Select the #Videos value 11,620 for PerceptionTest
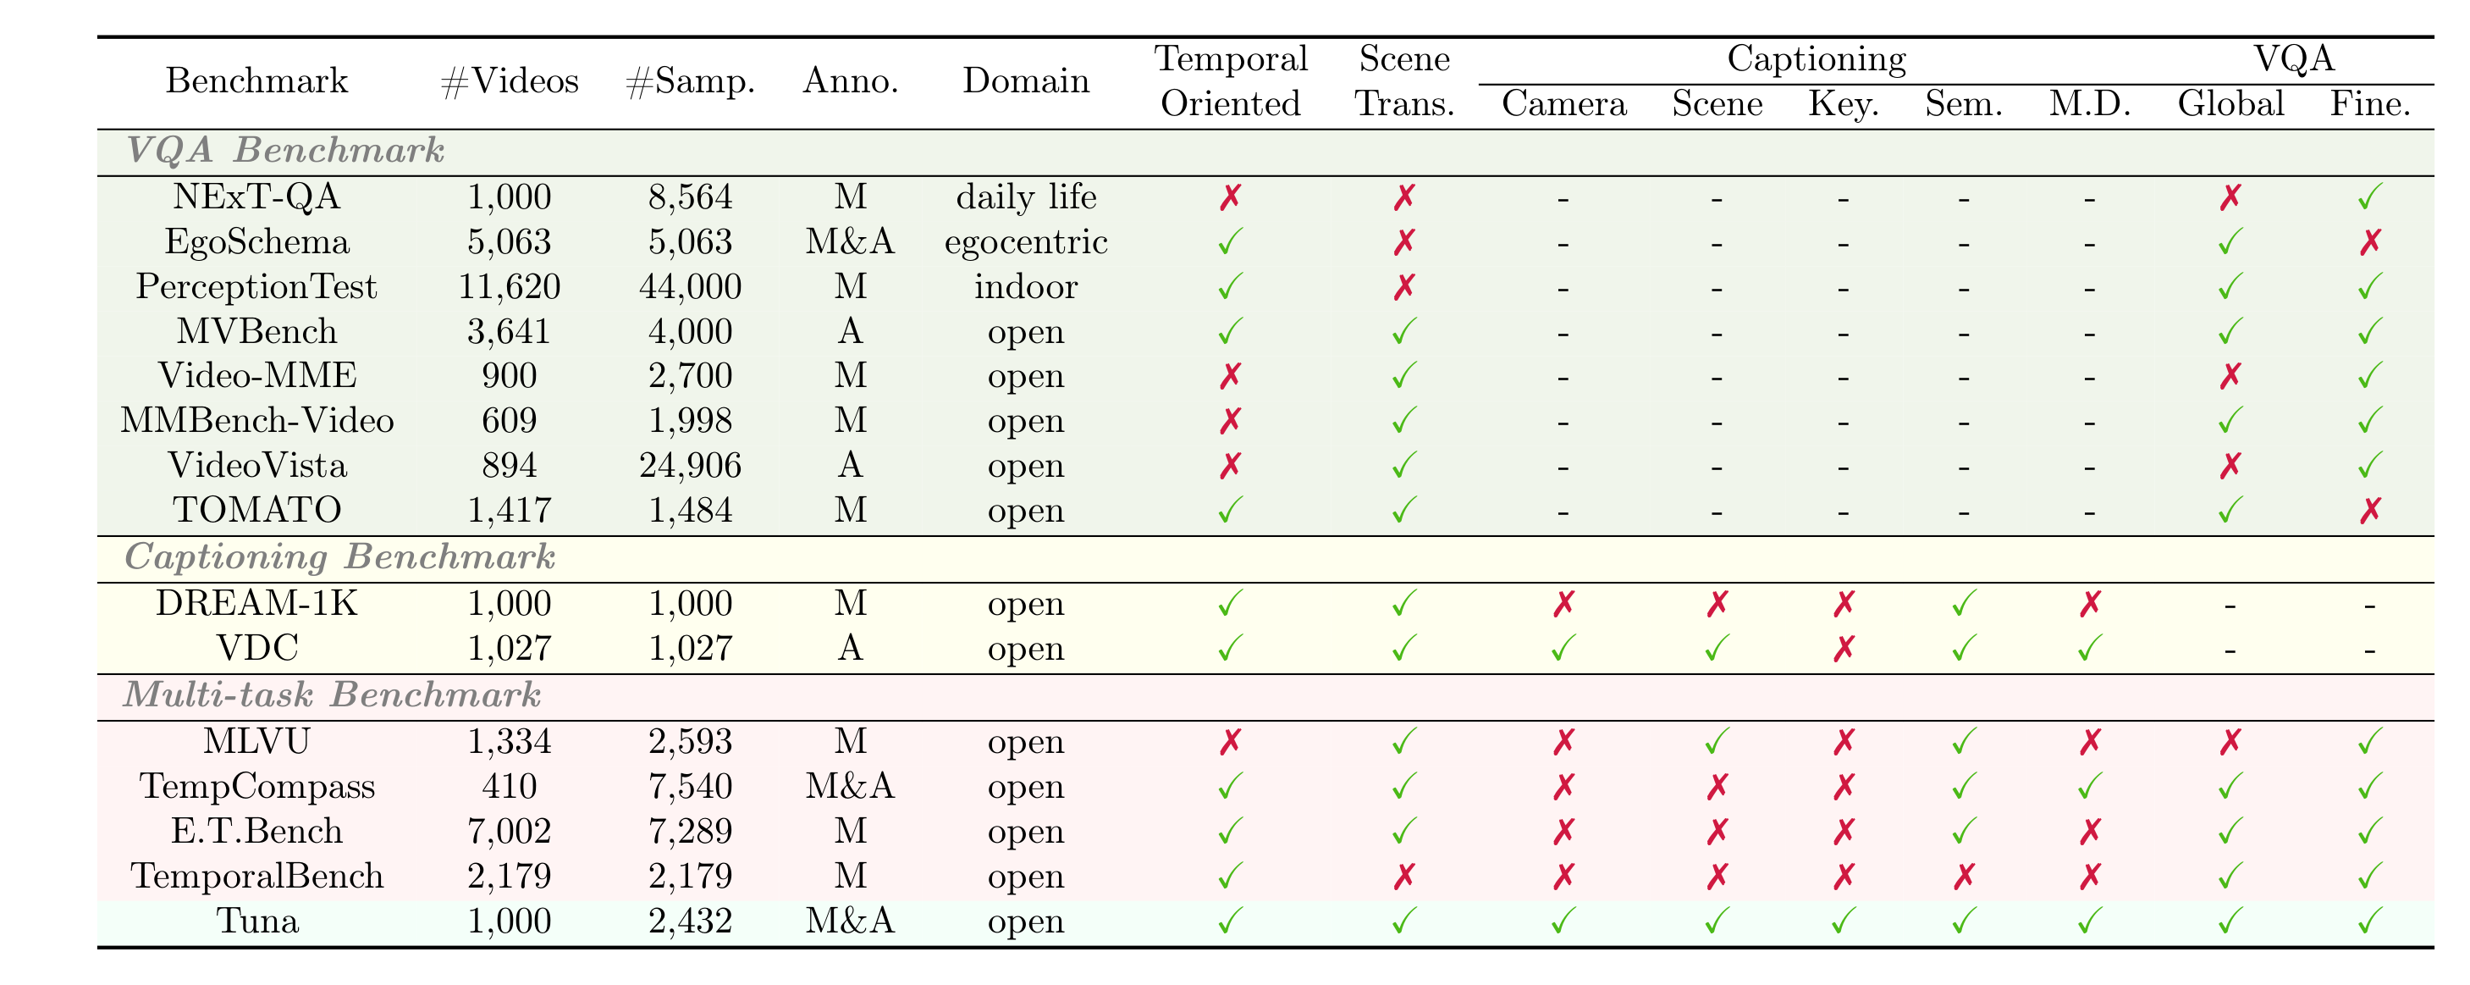click(508, 285)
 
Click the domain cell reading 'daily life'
click(1025, 196)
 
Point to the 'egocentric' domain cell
click(1025, 241)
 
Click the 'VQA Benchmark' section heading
click(284, 151)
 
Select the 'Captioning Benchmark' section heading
click(339, 557)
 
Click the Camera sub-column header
click(1563, 103)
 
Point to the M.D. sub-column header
click(2089, 103)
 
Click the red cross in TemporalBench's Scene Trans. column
click(1403, 876)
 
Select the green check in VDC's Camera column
click(1563, 650)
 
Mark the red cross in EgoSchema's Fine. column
click(2369, 241)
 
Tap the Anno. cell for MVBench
click(850, 331)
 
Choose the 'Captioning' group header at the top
click(1816, 58)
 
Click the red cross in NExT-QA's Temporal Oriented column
click(1230, 197)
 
